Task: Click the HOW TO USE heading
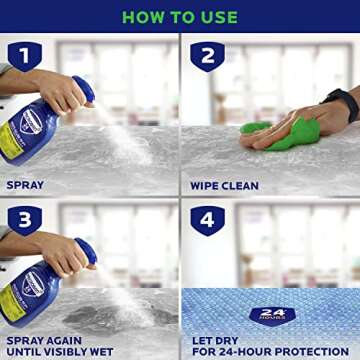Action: coord(179,17)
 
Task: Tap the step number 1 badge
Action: coord(24,56)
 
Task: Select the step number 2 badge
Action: coord(206,56)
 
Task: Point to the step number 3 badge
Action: coord(24,220)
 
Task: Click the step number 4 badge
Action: coord(206,220)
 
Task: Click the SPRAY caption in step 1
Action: coord(25,185)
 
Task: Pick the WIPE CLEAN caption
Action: coord(225,185)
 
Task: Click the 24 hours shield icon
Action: coord(271,315)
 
